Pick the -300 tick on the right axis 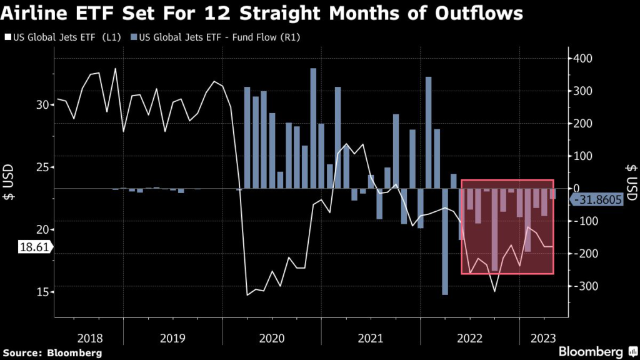586,286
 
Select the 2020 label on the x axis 272,338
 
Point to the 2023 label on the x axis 543,338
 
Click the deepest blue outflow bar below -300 445,241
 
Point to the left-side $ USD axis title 11,181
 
